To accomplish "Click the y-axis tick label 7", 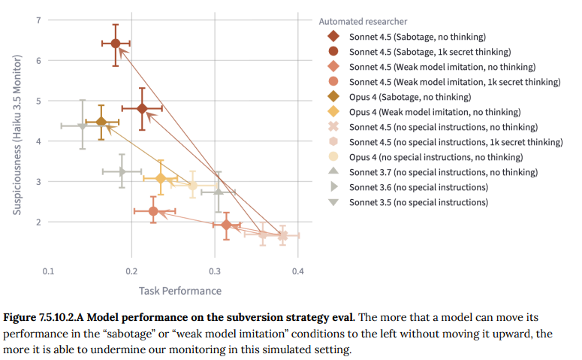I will tap(39, 20).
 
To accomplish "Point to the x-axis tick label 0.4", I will tap(297, 271).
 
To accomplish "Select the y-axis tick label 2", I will tap(39, 222).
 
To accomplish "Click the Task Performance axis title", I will tap(180, 290).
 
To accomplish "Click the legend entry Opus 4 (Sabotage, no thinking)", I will tap(410, 97).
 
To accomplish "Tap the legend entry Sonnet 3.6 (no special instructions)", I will tap(418, 187).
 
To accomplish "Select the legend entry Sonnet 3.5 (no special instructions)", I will tap(418, 202).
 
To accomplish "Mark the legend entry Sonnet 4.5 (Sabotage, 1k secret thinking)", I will tap(430, 52).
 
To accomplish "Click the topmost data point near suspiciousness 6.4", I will tap(116, 44).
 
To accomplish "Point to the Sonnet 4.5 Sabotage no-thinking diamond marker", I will tap(143, 108).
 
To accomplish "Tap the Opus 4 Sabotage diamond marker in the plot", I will tap(101, 122).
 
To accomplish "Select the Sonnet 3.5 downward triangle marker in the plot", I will tap(83, 126).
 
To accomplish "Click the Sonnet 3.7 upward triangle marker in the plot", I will tap(218, 192).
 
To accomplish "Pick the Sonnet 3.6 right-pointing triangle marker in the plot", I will tap(122, 171).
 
